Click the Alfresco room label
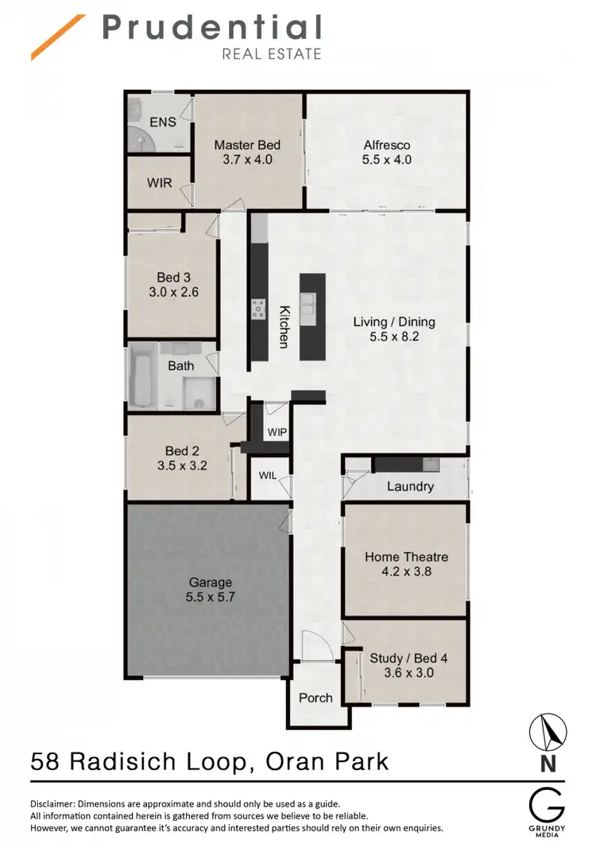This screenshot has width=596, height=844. [387, 145]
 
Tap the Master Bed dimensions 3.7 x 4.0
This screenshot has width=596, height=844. [247, 159]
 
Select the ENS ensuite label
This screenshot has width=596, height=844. [163, 123]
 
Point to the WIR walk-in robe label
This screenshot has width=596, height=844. [159, 182]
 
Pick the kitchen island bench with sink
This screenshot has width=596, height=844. [312, 316]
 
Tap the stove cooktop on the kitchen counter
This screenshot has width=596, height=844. [259, 309]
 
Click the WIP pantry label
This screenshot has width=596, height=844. [277, 432]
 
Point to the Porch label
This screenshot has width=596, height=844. [315, 698]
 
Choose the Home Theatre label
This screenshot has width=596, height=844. [406, 557]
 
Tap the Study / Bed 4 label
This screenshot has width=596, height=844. [408, 658]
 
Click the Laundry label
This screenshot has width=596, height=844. [410, 486]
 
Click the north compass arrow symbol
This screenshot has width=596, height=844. [548, 730]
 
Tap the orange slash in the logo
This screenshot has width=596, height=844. [57, 37]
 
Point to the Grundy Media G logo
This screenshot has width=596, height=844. [548, 803]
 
